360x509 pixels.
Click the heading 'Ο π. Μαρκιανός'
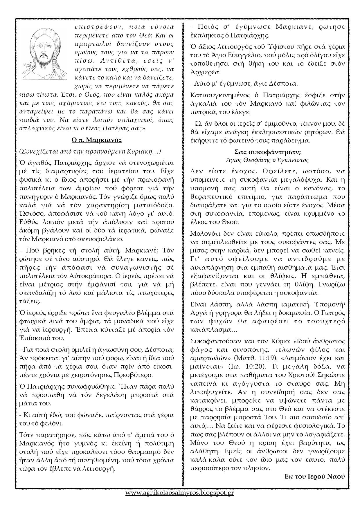[x=96, y=140]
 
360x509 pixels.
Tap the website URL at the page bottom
[x=180, y=493]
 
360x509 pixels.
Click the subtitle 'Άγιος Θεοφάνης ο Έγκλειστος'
[x=267, y=160]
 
